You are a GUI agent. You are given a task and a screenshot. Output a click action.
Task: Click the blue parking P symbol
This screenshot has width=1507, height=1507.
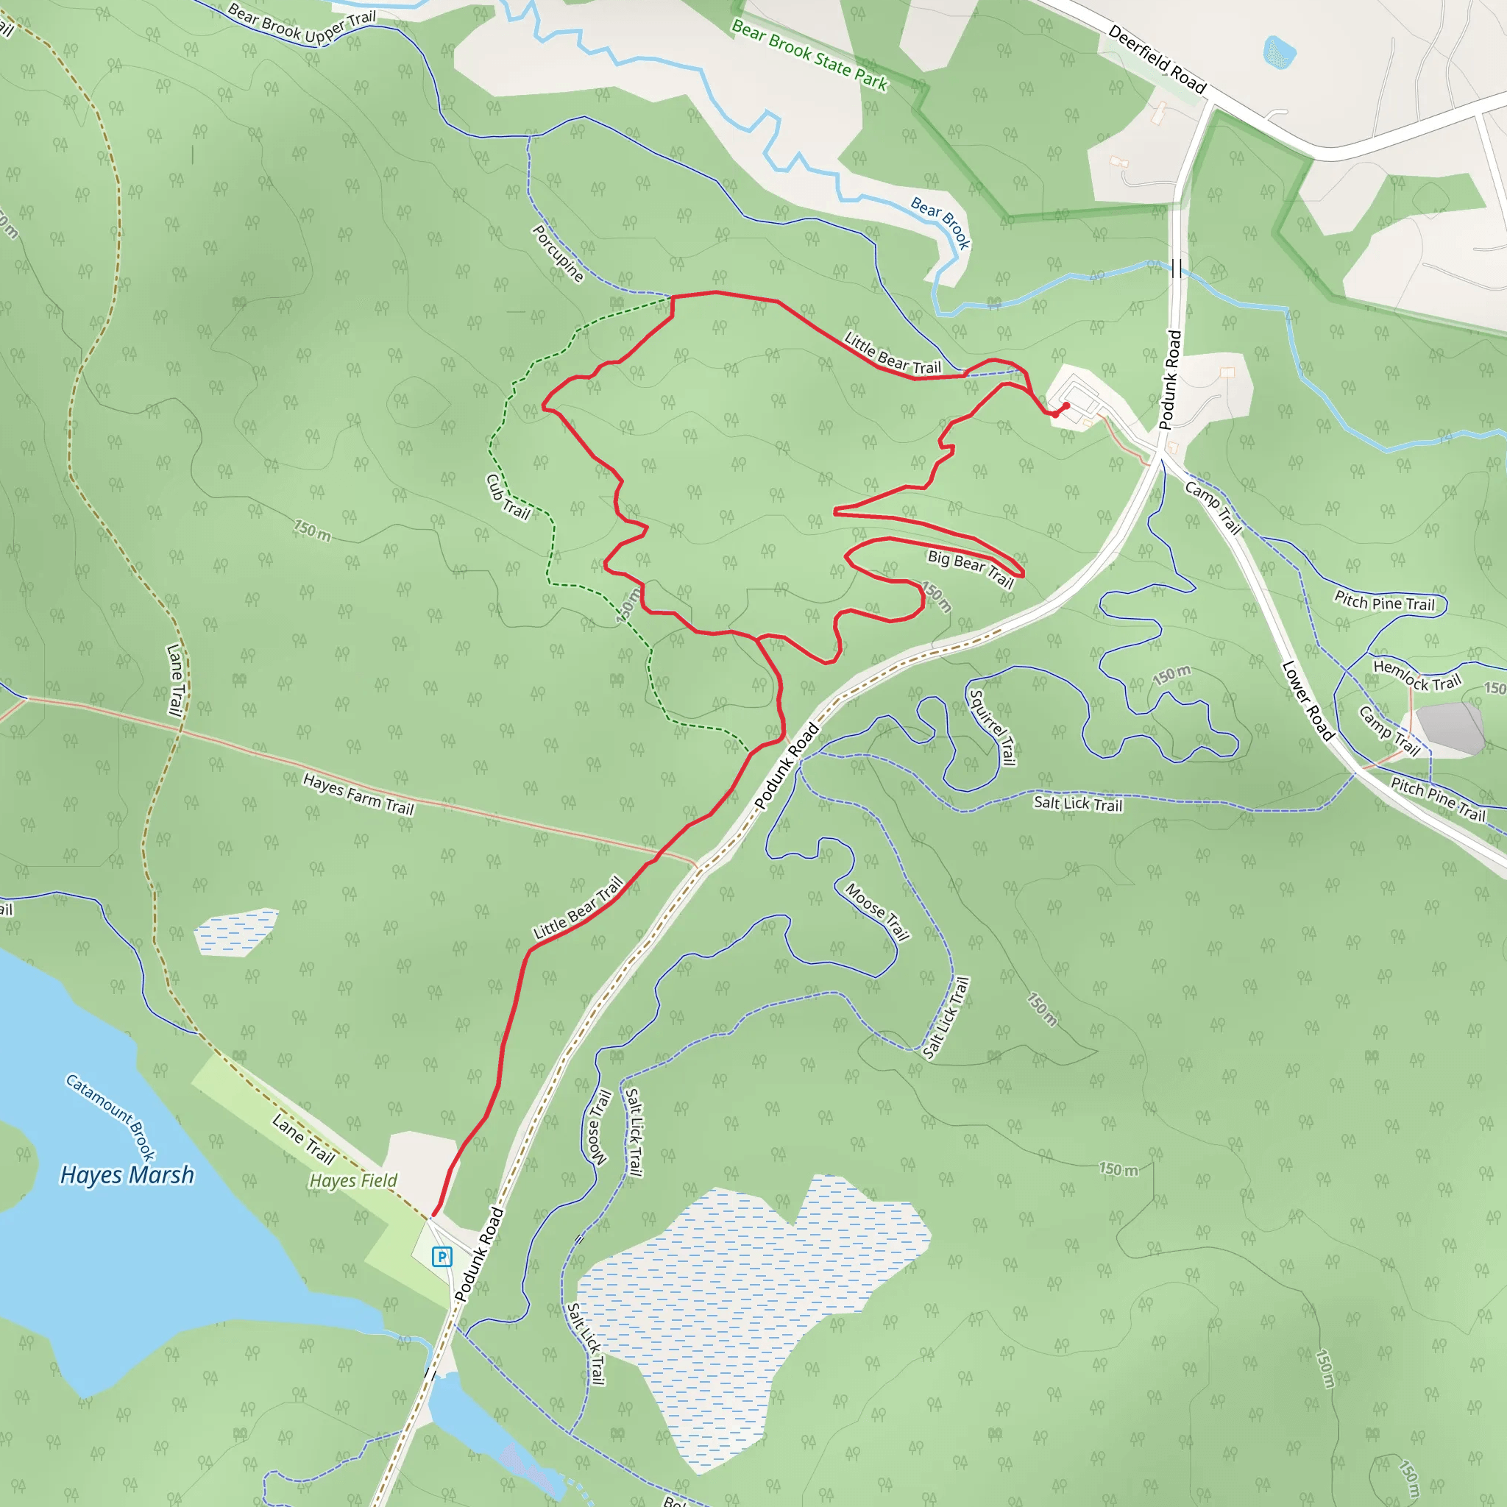pyautogui.click(x=442, y=1256)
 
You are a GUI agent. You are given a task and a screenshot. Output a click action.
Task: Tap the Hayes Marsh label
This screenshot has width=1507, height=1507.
pyautogui.click(x=127, y=1174)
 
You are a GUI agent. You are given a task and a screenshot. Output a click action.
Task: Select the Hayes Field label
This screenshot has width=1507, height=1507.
pyautogui.click(x=353, y=1180)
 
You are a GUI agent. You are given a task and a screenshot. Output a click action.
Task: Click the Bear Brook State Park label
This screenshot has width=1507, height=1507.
pyautogui.click(x=809, y=56)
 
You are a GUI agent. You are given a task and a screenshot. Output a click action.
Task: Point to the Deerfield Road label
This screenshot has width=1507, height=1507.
pyautogui.click(x=1157, y=60)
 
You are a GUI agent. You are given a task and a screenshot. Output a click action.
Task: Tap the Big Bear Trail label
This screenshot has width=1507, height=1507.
pyautogui.click(x=971, y=567)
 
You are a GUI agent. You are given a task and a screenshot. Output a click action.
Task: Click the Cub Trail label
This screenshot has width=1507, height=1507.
pyautogui.click(x=508, y=497)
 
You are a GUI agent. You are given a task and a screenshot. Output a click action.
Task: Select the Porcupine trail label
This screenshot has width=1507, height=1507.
pyautogui.click(x=558, y=252)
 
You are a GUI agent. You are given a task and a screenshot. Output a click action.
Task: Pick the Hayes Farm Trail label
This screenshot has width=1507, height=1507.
pyautogui.click(x=358, y=793)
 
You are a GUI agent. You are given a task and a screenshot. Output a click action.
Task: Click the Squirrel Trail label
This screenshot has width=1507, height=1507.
pyautogui.click(x=992, y=727)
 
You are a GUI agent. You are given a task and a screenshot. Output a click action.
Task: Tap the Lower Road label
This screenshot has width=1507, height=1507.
pyautogui.click(x=1308, y=700)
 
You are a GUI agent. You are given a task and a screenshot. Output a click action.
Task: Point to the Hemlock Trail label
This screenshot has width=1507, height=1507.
pyautogui.click(x=1416, y=676)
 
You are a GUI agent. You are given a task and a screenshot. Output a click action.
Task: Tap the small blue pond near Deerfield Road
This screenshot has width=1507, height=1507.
pyautogui.click(x=1278, y=52)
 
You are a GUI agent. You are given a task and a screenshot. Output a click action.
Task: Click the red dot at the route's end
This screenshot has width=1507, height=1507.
pyautogui.click(x=1065, y=405)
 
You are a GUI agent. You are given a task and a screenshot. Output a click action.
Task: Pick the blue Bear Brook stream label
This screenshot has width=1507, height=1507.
pyautogui.click(x=940, y=222)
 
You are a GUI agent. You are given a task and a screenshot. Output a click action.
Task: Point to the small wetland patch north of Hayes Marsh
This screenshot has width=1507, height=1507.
pyautogui.click(x=235, y=932)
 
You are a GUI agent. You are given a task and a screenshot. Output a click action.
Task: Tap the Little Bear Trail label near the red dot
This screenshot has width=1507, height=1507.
pyautogui.click(x=893, y=353)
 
